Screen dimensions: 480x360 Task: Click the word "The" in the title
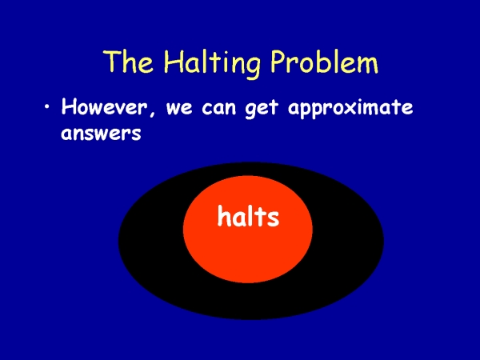(x=128, y=62)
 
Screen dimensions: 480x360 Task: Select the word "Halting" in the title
(x=212, y=63)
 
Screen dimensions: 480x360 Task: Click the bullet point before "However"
(x=47, y=107)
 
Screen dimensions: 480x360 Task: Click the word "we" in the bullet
(x=179, y=108)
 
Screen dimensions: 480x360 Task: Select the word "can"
(x=219, y=108)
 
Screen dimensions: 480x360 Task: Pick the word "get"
(x=262, y=110)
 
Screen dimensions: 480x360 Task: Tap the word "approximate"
(x=350, y=109)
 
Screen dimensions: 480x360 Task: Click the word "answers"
(x=101, y=134)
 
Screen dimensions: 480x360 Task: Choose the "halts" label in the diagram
(x=248, y=216)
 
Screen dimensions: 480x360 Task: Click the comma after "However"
(x=152, y=114)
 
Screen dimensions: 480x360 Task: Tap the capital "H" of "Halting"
(x=174, y=62)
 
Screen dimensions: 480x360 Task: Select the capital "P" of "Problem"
(x=278, y=62)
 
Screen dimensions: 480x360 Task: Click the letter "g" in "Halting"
(x=252, y=68)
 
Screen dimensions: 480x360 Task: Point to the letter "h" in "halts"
(x=223, y=216)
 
